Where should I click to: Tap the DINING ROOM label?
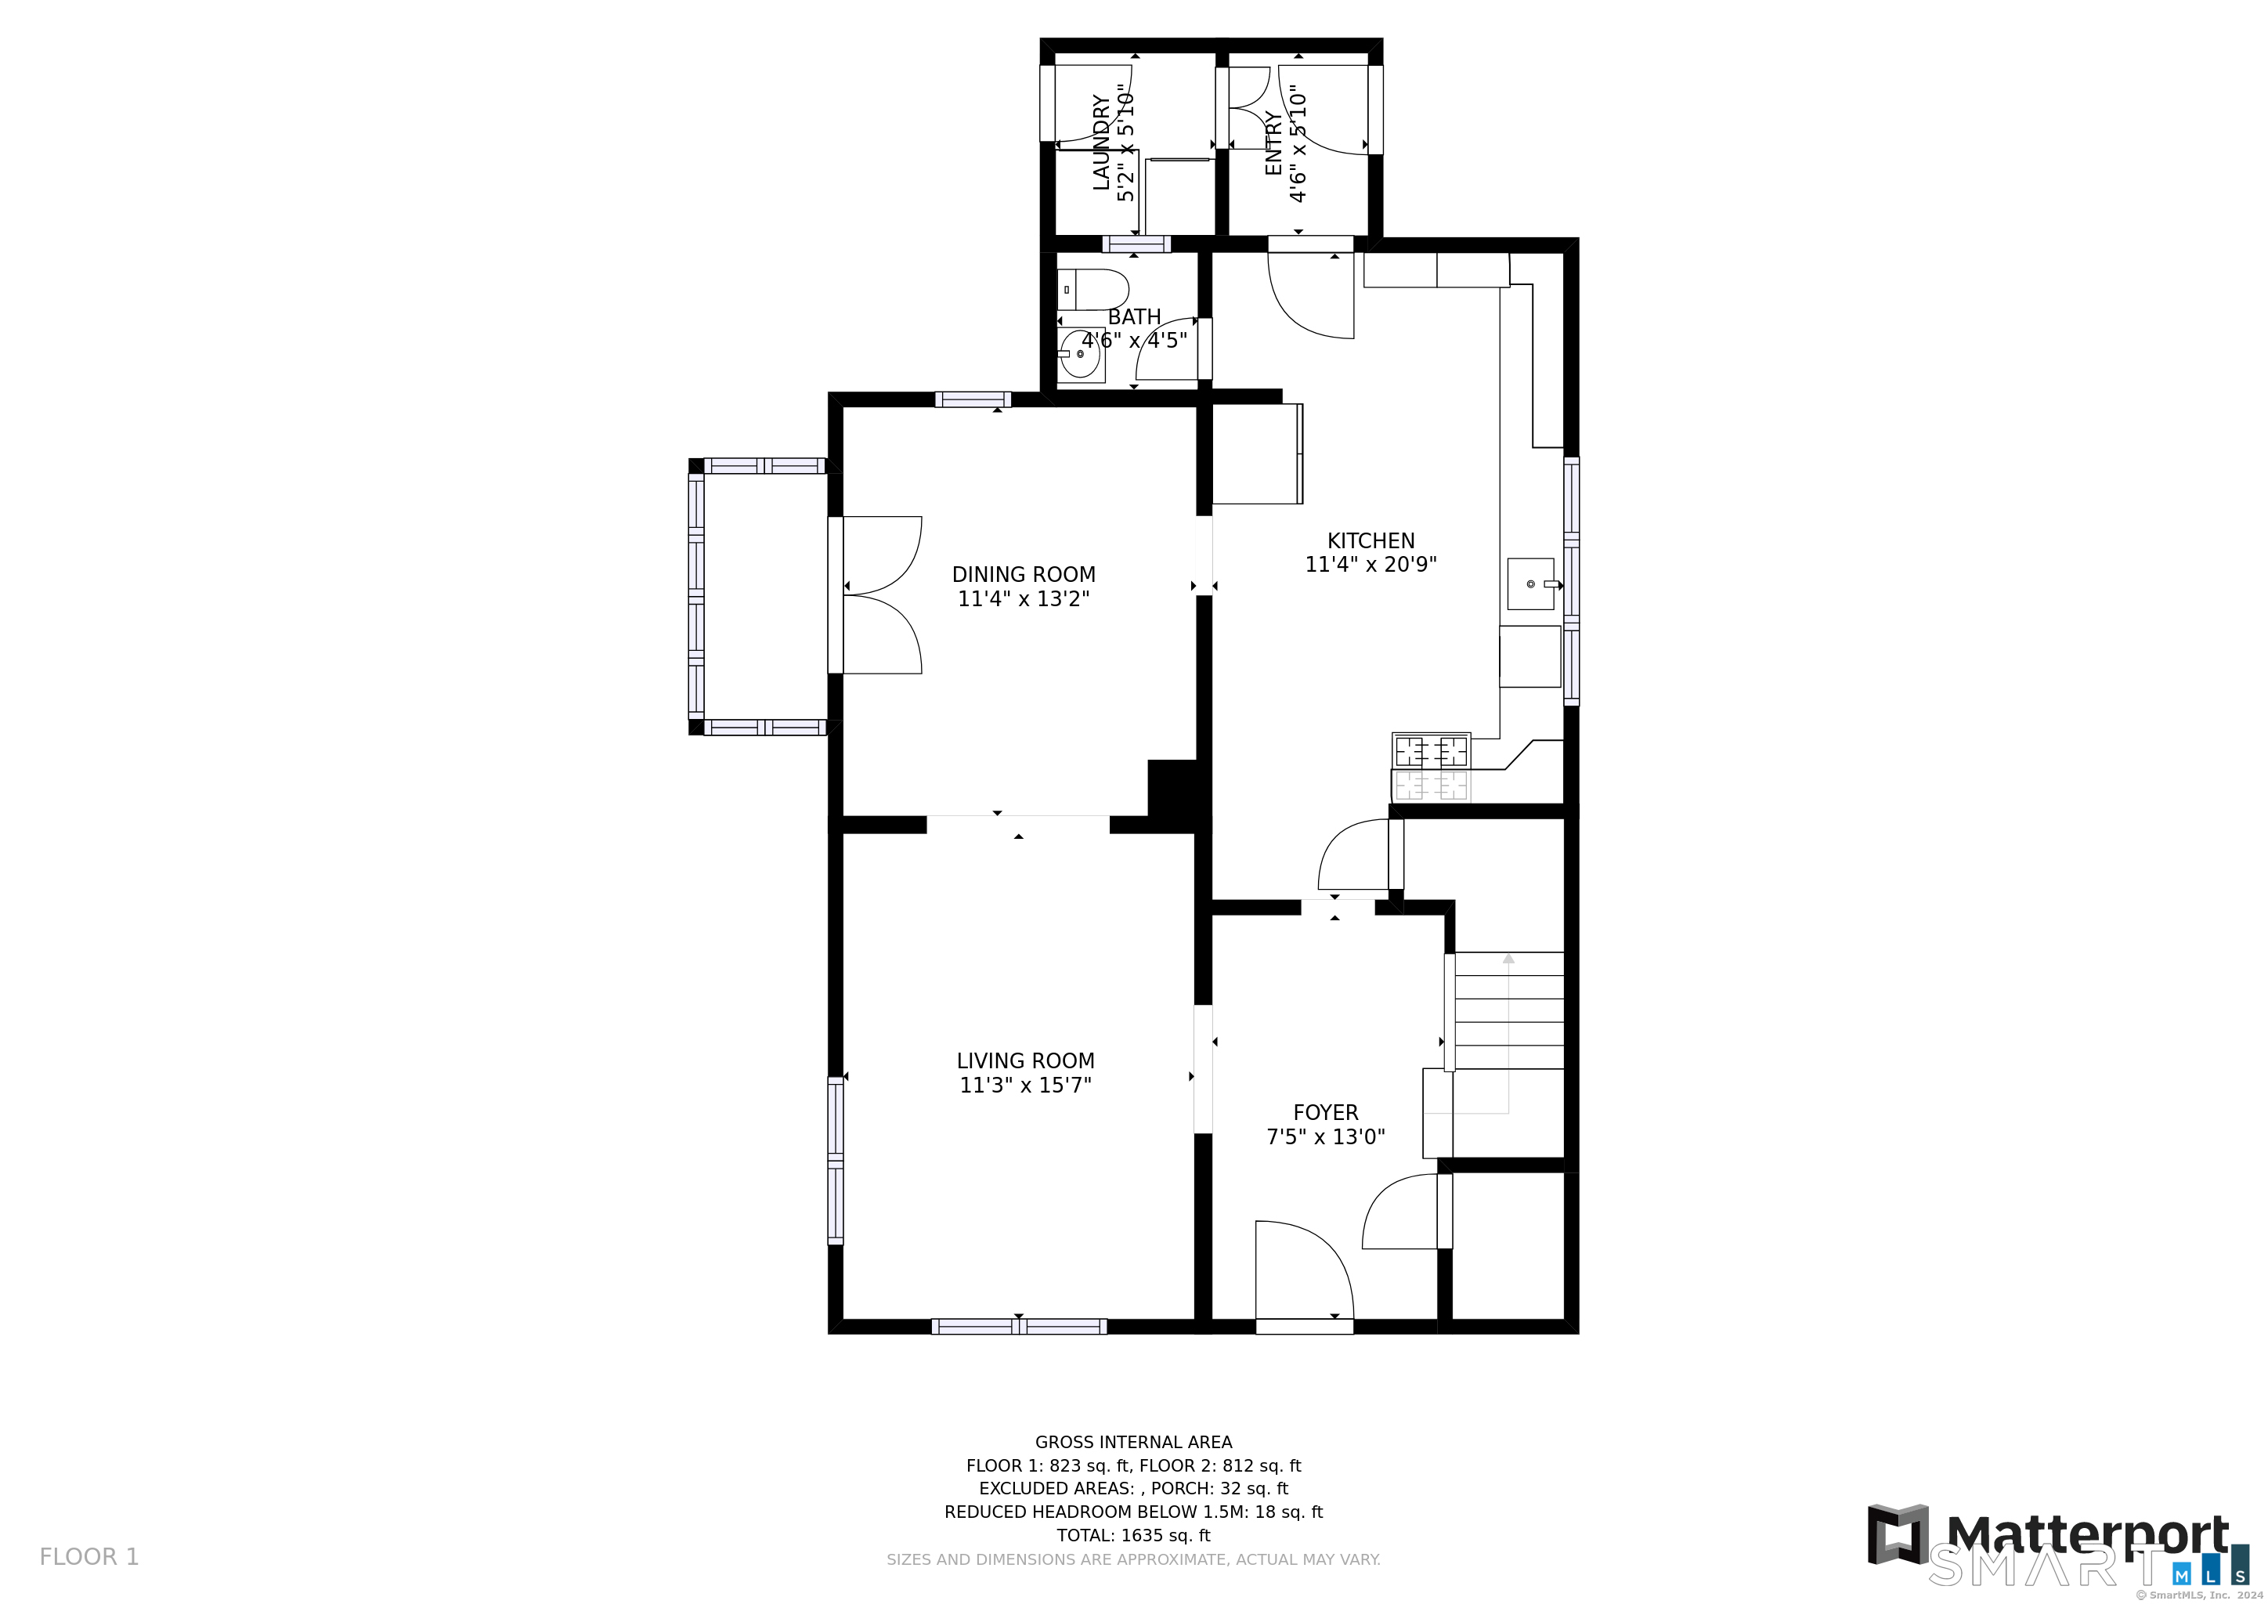tap(1024, 575)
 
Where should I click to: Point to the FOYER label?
tap(1326, 1113)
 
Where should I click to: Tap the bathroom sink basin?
tap(1080, 353)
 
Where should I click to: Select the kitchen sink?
tap(1530, 583)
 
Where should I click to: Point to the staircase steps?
tap(1509, 1011)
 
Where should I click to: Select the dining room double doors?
tap(882, 594)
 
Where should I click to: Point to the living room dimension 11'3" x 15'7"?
tap(1025, 1086)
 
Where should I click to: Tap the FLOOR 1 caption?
tap(89, 1558)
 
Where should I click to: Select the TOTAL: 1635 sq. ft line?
tap(1133, 1536)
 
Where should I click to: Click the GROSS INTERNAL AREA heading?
tap(1133, 1442)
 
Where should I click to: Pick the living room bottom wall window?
tap(1018, 1327)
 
